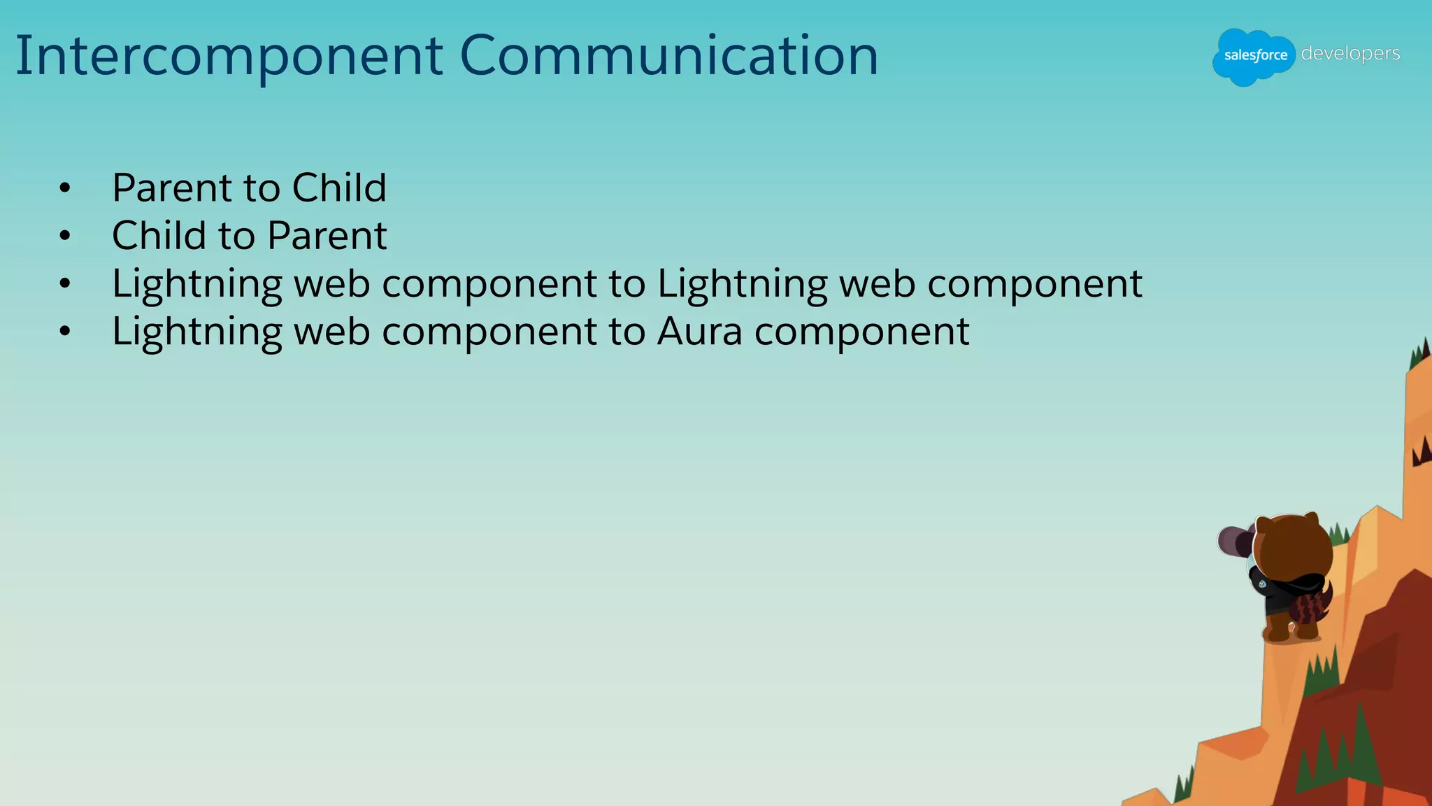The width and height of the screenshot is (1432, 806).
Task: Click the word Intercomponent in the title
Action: coord(229,56)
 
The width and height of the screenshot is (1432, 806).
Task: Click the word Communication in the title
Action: coord(668,56)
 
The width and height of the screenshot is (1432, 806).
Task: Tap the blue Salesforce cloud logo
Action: coord(1254,56)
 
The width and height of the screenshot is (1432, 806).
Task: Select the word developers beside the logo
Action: coord(1350,53)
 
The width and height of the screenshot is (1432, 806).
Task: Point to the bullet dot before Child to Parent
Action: coord(65,236)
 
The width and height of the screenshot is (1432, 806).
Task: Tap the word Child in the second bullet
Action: coord(159,235)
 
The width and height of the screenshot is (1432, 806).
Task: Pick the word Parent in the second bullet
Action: coord(327,235)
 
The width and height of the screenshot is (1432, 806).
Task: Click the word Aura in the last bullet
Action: coord(699,331)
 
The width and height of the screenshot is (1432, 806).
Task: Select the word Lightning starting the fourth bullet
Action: coord(196,332)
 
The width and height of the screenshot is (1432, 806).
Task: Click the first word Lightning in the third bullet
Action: coord(196,285)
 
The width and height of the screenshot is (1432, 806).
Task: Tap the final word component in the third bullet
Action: coord(1034,285)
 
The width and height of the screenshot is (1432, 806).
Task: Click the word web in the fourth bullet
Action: coord(331,331)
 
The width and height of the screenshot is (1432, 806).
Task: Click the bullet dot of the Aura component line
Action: coord(65,331)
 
